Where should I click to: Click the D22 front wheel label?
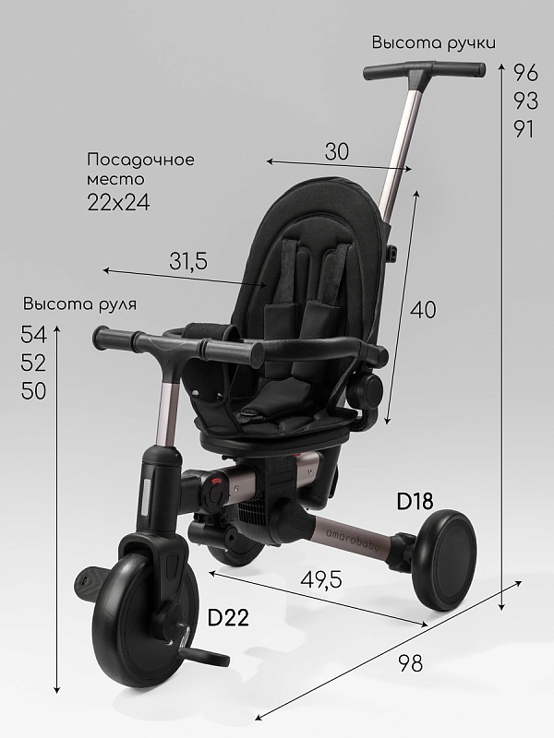pos(228,617)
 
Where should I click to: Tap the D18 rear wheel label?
pos(415,501)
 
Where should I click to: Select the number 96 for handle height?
pos(525,72)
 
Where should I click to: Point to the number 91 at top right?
pos(524,129)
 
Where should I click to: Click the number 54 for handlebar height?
pos(34,335)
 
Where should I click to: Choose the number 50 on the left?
pos(34,391)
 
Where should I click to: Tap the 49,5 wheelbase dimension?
pos(321,580)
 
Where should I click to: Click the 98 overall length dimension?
pos(411,663)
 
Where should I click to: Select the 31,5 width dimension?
pos(188,262)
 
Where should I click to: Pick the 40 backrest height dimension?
pos(423,310)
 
